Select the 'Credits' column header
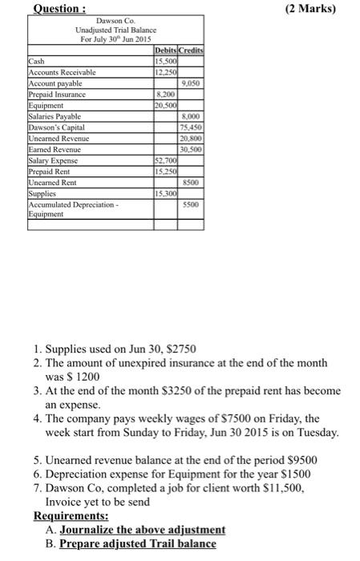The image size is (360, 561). tap(191, 50)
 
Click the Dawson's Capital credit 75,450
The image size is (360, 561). tap(191, 127)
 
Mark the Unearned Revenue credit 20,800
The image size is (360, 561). tap(191, 138)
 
